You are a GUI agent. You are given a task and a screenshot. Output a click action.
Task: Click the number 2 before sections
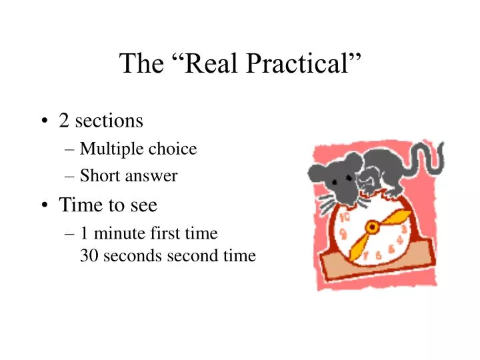64,121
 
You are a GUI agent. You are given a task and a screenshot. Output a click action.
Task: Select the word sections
109,121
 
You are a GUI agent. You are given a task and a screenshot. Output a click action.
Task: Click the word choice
173,149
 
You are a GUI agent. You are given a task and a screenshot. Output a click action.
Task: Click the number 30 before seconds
88,255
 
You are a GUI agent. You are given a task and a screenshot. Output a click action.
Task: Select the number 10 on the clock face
345,218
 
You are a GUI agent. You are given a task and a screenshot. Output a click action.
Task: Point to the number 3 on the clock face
403,230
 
